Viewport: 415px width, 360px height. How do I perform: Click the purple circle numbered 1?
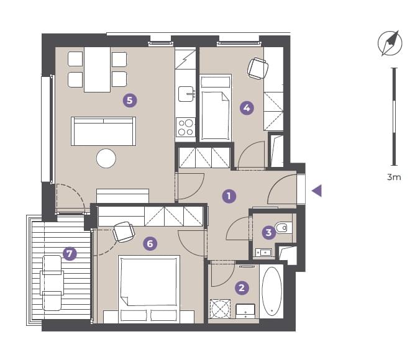[x=229, y=196]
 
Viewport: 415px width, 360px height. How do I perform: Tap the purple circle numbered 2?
[x=242, y=287]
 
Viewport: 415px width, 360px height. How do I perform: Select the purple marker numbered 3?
[x=268, y=233]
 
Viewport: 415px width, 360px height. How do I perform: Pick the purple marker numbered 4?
[x=247, y=108]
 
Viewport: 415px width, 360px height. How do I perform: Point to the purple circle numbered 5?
[x=130, y=101]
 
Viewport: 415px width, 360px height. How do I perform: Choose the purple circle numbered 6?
[x=150, y=243]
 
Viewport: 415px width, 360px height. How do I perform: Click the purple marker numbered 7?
[x=70, y=254]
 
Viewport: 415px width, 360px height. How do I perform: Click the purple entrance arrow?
[x=317, y=191]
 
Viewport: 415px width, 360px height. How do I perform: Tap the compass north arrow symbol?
[x=390, y=43]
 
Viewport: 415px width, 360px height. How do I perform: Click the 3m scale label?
[x=394, y=177]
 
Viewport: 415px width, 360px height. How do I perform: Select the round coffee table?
[x=106, y=158]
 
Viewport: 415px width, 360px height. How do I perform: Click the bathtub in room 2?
[x=272, y=291]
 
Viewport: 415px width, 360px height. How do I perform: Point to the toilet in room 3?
[x=283, y=227]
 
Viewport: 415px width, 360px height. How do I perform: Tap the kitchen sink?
[x=186, y=94]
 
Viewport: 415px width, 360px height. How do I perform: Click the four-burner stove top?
[x=186, y=127]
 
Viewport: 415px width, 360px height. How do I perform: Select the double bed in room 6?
[x=149, y=289]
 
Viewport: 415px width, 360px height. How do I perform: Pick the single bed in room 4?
[x=216, y=107]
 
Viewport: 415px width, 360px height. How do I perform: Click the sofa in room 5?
[x=104, y=131]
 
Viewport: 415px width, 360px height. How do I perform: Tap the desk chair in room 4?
[x=258, y=68]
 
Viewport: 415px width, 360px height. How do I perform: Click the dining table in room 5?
[x=97, y=70]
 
